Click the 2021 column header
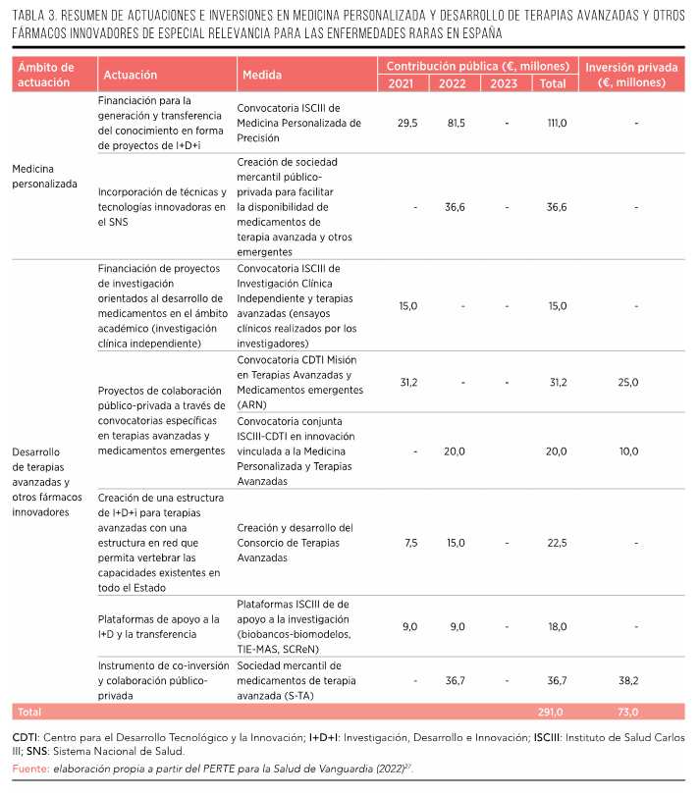(x=401, y=83)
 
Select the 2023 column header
(x=504, y=83)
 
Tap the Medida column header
(x=260, y=75)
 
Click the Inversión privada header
(x=631, y=75)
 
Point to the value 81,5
(x=456, y=124)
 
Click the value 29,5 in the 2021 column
(x=407, y=124)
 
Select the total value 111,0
(x=557, y=124)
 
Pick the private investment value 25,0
(x=628, y=382)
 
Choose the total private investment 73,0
(x=628, y=712)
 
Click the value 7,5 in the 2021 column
(x=410, y=543)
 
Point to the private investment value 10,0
(x=628, y=451)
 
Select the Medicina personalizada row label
(x=44, y=176)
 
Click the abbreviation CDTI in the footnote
(x=26, y=737)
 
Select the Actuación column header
(x=130, y=75)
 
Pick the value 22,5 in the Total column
(x=557, y=543)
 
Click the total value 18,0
(x=557, y=626)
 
